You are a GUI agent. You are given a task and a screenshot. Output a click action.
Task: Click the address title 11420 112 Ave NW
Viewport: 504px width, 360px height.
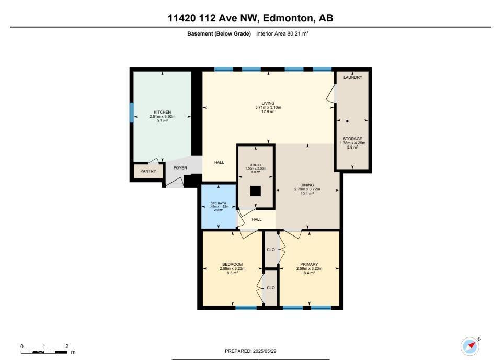click(250, 18)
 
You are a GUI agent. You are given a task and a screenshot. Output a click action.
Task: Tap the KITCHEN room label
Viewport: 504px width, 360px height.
click(162, 113)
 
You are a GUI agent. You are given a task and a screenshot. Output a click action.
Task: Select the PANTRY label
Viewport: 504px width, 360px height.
click(148, 171)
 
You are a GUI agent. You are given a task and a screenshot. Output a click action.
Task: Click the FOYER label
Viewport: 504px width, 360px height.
click(180, 168)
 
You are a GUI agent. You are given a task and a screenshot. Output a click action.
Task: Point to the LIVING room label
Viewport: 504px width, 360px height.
click(268, 103)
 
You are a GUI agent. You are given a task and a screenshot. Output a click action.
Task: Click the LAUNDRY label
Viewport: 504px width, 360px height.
click(353, 77)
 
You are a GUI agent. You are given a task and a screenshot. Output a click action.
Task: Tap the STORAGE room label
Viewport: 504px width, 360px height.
click(353, 139)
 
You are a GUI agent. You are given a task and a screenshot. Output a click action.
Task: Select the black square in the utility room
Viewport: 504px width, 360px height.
click(255, 191)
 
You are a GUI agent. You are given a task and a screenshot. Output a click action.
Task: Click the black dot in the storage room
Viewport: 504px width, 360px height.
click(347, 121)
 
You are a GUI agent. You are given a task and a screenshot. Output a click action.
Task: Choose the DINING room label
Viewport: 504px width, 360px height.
click(307, 185)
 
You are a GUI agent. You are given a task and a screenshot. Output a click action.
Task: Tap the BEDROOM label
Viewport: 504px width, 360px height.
click(232, 264)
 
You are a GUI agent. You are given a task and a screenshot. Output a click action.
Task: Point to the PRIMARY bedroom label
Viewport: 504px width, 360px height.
click(310, 264)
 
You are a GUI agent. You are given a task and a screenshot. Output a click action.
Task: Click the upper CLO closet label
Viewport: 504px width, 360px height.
click(271, 250)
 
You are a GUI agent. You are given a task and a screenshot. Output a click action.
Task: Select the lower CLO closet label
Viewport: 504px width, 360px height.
click(271, 288)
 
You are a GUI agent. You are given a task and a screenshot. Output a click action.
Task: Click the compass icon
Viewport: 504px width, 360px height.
click(470, 346)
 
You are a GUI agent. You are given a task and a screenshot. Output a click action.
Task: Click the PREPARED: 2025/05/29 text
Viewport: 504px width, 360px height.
click(251, 351)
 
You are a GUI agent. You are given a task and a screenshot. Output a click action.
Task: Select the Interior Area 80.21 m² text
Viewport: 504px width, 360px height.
click(282, 33)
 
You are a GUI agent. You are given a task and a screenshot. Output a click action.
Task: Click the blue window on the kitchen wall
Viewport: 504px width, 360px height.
click(132, 113)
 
